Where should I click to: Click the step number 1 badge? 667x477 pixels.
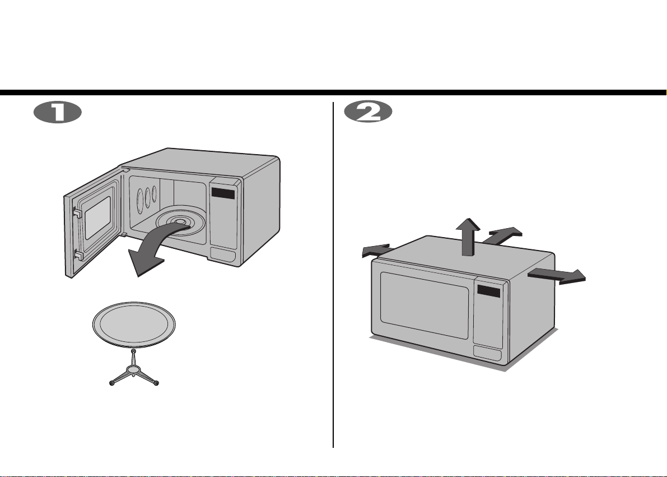pyautogui.click(x=58, y=113)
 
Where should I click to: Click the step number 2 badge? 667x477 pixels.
pyautogui.click(x=368, y=113)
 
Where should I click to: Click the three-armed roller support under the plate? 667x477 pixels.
pyautogui.click(x=134, y=371)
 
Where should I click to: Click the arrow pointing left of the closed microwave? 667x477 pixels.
pyautogui.click(x=376, y=251)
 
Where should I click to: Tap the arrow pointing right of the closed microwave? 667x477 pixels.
pyautogui.click(x=557, y=276)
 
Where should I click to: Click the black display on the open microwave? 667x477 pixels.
pyautogui.click(x=223, y=192)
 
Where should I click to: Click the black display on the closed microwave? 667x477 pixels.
pyautogui.click(x=488, y=291)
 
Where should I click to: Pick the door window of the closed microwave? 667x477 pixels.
pyautogui.click(x=424, y=305)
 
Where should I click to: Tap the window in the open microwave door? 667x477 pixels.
pyautogui.click(x=98, y=217)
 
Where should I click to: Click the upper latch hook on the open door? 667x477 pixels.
pyautogui.click(x=77, y=212)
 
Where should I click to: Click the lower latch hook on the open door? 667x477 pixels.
pyautogui.click(x=79, y=255)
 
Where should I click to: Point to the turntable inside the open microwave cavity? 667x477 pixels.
pyautogui.click(x=181, y=221)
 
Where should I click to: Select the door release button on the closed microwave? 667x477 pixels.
pyautogui.click(x=487, y=354)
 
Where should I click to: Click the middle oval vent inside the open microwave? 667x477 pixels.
pyautogui.click(x=147, y=197)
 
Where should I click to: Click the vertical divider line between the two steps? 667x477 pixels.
pyautogui.click(x=333, y=275)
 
